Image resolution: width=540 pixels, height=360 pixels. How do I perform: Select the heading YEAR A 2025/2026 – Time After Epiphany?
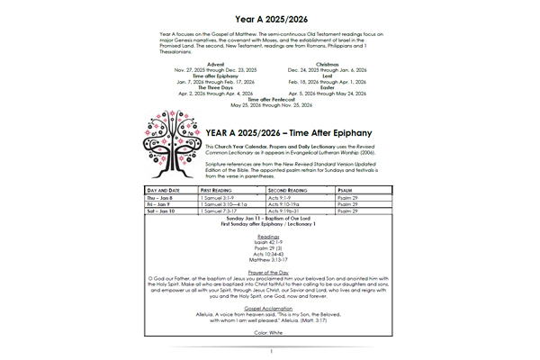click(295, 131)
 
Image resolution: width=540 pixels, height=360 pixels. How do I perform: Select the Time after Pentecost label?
click(271, 99)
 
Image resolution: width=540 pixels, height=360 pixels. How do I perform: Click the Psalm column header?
click(345, 192)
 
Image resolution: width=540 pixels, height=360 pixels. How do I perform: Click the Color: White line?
click(270, 334)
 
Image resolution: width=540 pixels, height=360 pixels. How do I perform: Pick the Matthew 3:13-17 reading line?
click(270, 259)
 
